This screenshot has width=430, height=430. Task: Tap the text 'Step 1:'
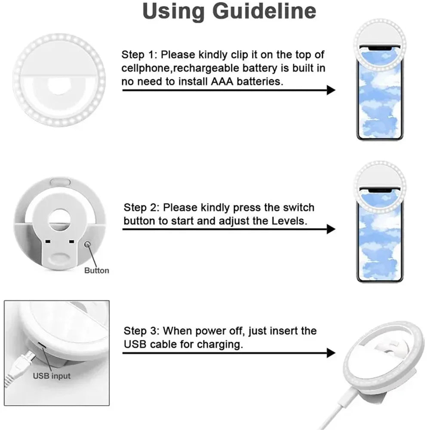pyautogui.click(x=139, y=55)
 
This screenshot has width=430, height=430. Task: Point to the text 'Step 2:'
pyautogui.click(x=141, y=208)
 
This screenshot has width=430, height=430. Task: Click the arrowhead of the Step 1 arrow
pyautogui.click(x=331, y=90)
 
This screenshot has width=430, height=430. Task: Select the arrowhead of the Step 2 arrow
pyautogui.click(x=331, y=229)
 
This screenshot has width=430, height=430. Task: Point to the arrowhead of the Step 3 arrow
pyautogui.click(x=331, y=353)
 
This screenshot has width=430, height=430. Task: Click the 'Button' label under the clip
pyautogui.click(x=96, y=271)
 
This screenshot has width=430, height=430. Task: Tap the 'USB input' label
pyautogui.click(x=52, y=376)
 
